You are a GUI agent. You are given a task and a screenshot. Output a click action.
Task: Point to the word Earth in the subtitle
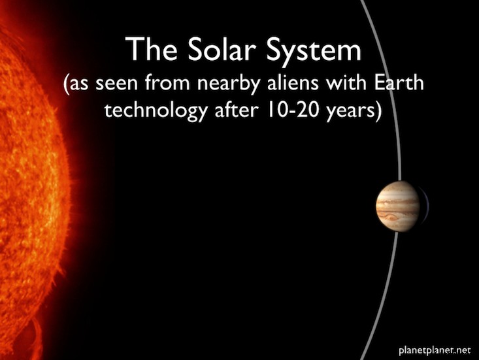[x=399, y=82]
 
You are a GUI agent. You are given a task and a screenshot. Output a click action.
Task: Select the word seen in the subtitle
[x=116, y=84]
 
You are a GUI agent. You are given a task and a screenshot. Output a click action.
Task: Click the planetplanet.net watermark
[x=435, y=351]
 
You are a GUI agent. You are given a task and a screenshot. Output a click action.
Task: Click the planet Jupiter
[x=398, y=206]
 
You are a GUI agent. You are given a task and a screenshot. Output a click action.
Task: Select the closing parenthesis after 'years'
[x=378, y=112]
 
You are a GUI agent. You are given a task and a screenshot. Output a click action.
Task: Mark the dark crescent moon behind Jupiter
[x=424, y=206]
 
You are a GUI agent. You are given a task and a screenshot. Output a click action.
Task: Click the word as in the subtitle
[x=80, y=84]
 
